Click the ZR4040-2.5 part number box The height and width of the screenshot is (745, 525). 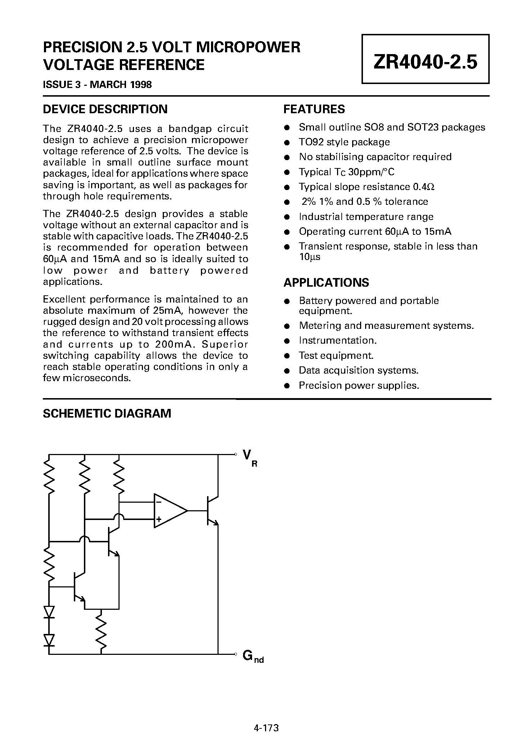tap(425, 59)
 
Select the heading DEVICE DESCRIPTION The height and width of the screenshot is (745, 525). tap(105, 109)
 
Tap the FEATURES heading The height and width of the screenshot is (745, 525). tap(314, 109)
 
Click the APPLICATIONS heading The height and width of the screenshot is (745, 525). tap(326, 282)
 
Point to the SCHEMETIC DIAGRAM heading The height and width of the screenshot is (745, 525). tap(107, 413)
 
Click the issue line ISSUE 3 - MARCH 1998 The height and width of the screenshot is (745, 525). tap(97, 84)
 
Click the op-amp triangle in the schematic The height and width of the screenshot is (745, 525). tap(169, 511)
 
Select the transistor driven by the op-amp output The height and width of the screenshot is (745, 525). tap(211, 511)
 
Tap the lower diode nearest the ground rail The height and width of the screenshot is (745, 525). tap(49, 640)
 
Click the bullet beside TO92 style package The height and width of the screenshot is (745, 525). tap(287, 142)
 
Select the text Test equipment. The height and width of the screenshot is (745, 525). tap(336, 356)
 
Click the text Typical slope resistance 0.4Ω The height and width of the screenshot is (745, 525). tap(367, 187)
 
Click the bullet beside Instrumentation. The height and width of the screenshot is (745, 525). tap(287, 341)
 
